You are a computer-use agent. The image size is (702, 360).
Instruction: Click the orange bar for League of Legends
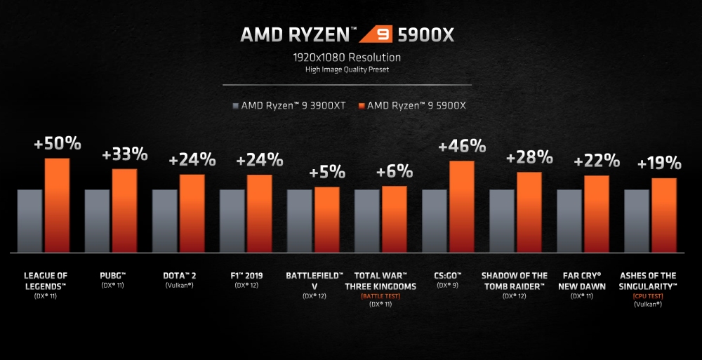click(58, 205)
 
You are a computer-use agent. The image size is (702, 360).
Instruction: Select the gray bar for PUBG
click(98, 220)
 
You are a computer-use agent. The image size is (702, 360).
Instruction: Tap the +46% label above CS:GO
click(462, 146)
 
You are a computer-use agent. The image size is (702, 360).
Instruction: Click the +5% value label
click(327, 171)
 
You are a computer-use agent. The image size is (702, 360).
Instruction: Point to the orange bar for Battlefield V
click(327, 219)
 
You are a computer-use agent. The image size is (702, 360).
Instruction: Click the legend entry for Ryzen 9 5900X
click(412, 106)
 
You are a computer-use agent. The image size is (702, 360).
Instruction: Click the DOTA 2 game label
click(178, 276)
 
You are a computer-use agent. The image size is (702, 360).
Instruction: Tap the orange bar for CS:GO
click(462, 206)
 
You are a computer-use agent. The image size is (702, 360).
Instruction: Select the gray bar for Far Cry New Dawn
click(569, 220)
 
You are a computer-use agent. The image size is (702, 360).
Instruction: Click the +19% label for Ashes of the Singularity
click(659, 164)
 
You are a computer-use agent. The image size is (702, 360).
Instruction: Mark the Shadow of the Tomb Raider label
click(515, 281)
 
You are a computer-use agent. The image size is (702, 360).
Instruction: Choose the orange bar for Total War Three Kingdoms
click(395, 219)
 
